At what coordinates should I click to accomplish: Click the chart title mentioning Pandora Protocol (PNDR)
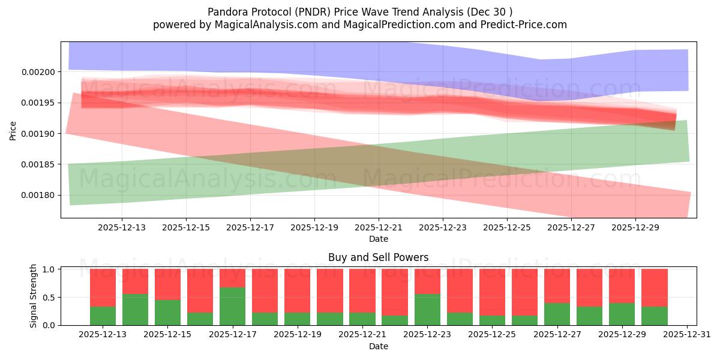(360, 12)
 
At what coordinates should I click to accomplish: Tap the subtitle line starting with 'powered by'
(360, 25)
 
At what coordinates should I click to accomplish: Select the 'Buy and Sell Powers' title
(378, 257)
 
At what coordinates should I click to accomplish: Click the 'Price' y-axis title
(13, 130)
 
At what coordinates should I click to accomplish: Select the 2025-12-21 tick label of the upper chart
(379, 227)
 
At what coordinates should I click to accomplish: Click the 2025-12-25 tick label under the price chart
(507, 227)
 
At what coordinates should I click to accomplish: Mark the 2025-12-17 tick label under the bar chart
(233, 335)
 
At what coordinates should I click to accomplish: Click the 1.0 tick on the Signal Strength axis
(50, 269)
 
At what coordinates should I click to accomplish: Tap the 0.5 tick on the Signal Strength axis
(50, 298)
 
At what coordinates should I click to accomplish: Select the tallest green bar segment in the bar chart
(233, 306)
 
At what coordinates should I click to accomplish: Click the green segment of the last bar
(655, 316)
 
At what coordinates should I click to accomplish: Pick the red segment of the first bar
(103, 287)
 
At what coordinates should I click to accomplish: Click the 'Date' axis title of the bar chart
(378, 346)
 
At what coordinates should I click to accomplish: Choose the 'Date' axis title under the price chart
(378, 239)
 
